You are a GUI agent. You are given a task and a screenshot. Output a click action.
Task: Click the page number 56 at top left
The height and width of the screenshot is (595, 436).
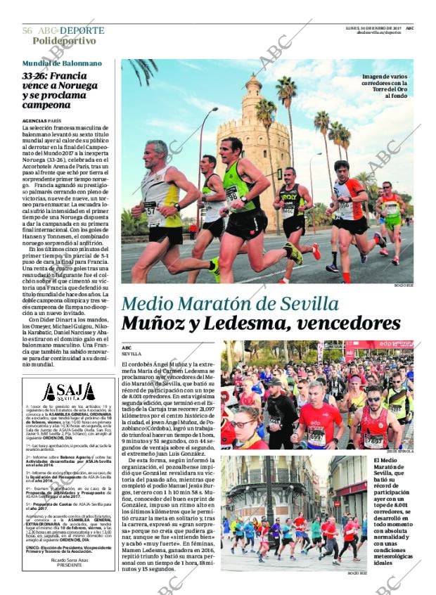click(x=27, y=31)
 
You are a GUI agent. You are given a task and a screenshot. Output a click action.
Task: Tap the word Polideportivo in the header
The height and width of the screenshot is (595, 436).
click(x=64, y=41)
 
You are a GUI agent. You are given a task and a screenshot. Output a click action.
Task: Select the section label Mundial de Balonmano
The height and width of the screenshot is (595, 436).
click(x=61, y=63)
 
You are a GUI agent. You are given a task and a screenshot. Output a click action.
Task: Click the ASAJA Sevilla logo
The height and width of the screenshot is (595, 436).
click(x=68, y=392)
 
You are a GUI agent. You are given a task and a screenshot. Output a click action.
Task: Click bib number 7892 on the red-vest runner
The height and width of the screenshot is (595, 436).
click(x=373, y=440)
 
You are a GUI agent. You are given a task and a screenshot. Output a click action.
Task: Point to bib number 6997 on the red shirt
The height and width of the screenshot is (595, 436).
click(x=317, y=437)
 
